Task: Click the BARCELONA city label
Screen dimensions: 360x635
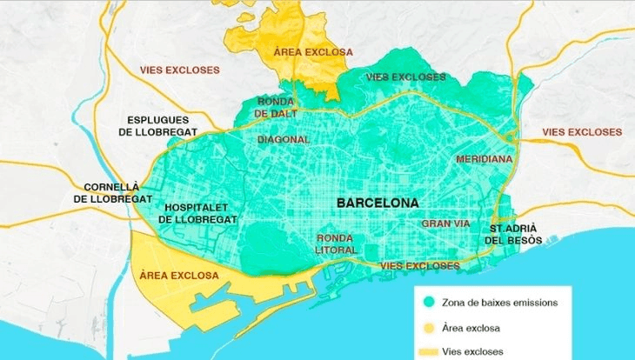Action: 378,203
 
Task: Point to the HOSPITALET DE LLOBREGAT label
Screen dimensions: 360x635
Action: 197,214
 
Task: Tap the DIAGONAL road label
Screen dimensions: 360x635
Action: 284,139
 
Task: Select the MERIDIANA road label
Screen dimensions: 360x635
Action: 485,160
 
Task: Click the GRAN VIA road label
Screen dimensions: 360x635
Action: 445,223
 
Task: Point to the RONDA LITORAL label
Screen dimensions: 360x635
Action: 336,243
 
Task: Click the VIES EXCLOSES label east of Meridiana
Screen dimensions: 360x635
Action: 582,132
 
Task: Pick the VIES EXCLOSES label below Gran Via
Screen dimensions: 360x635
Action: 420,264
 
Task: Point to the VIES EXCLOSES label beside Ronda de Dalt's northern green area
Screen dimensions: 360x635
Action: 405,77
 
